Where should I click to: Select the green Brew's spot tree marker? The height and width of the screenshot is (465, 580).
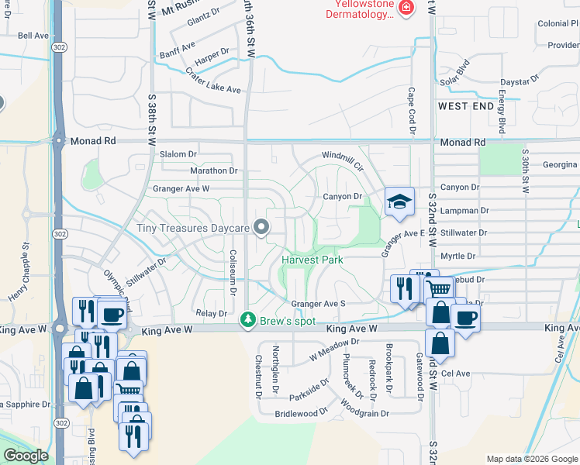(x=248, y=319)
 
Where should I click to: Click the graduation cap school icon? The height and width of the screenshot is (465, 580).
(x=399, y=202)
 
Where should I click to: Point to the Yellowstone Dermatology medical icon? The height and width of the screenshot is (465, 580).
(x=406, y=8)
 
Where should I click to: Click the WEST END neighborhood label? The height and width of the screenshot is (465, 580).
(x=466, y=105)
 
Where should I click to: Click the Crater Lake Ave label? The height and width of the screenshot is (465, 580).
(x=213, y=81)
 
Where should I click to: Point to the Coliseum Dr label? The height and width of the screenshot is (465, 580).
(x=233, y=271)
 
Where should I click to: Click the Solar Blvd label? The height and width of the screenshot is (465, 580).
(x=455, y=72)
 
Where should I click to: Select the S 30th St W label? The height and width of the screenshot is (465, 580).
(x=525, y=172)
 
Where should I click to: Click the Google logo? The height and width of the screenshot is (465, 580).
(x=26, y=456)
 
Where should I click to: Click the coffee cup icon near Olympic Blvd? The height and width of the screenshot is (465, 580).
(x=112, y=314)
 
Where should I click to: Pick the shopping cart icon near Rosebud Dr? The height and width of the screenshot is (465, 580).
(x=440, y=289)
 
